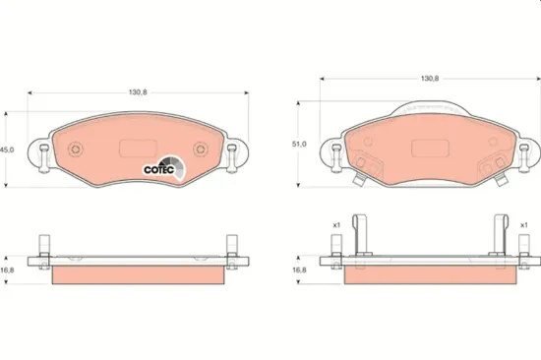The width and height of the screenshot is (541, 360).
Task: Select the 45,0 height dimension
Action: point(6,150)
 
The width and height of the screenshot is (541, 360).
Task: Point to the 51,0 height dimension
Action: point(300,144)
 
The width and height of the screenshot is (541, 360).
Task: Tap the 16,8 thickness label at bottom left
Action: point(6,269)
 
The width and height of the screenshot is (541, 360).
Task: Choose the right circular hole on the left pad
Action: point(201,150)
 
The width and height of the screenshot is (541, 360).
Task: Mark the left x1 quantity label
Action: point(335,225)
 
